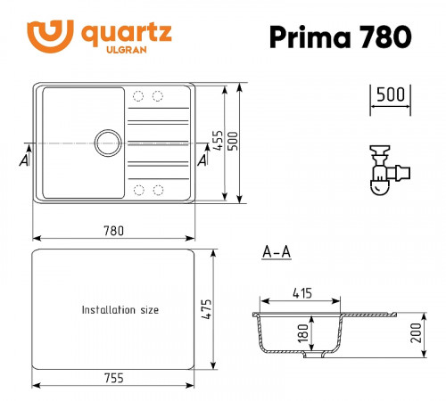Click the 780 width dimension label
[x=113, y=230]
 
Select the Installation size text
[x=120, y=310]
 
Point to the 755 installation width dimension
[x=113, y=376]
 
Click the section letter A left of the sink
[x=23, y=160]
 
